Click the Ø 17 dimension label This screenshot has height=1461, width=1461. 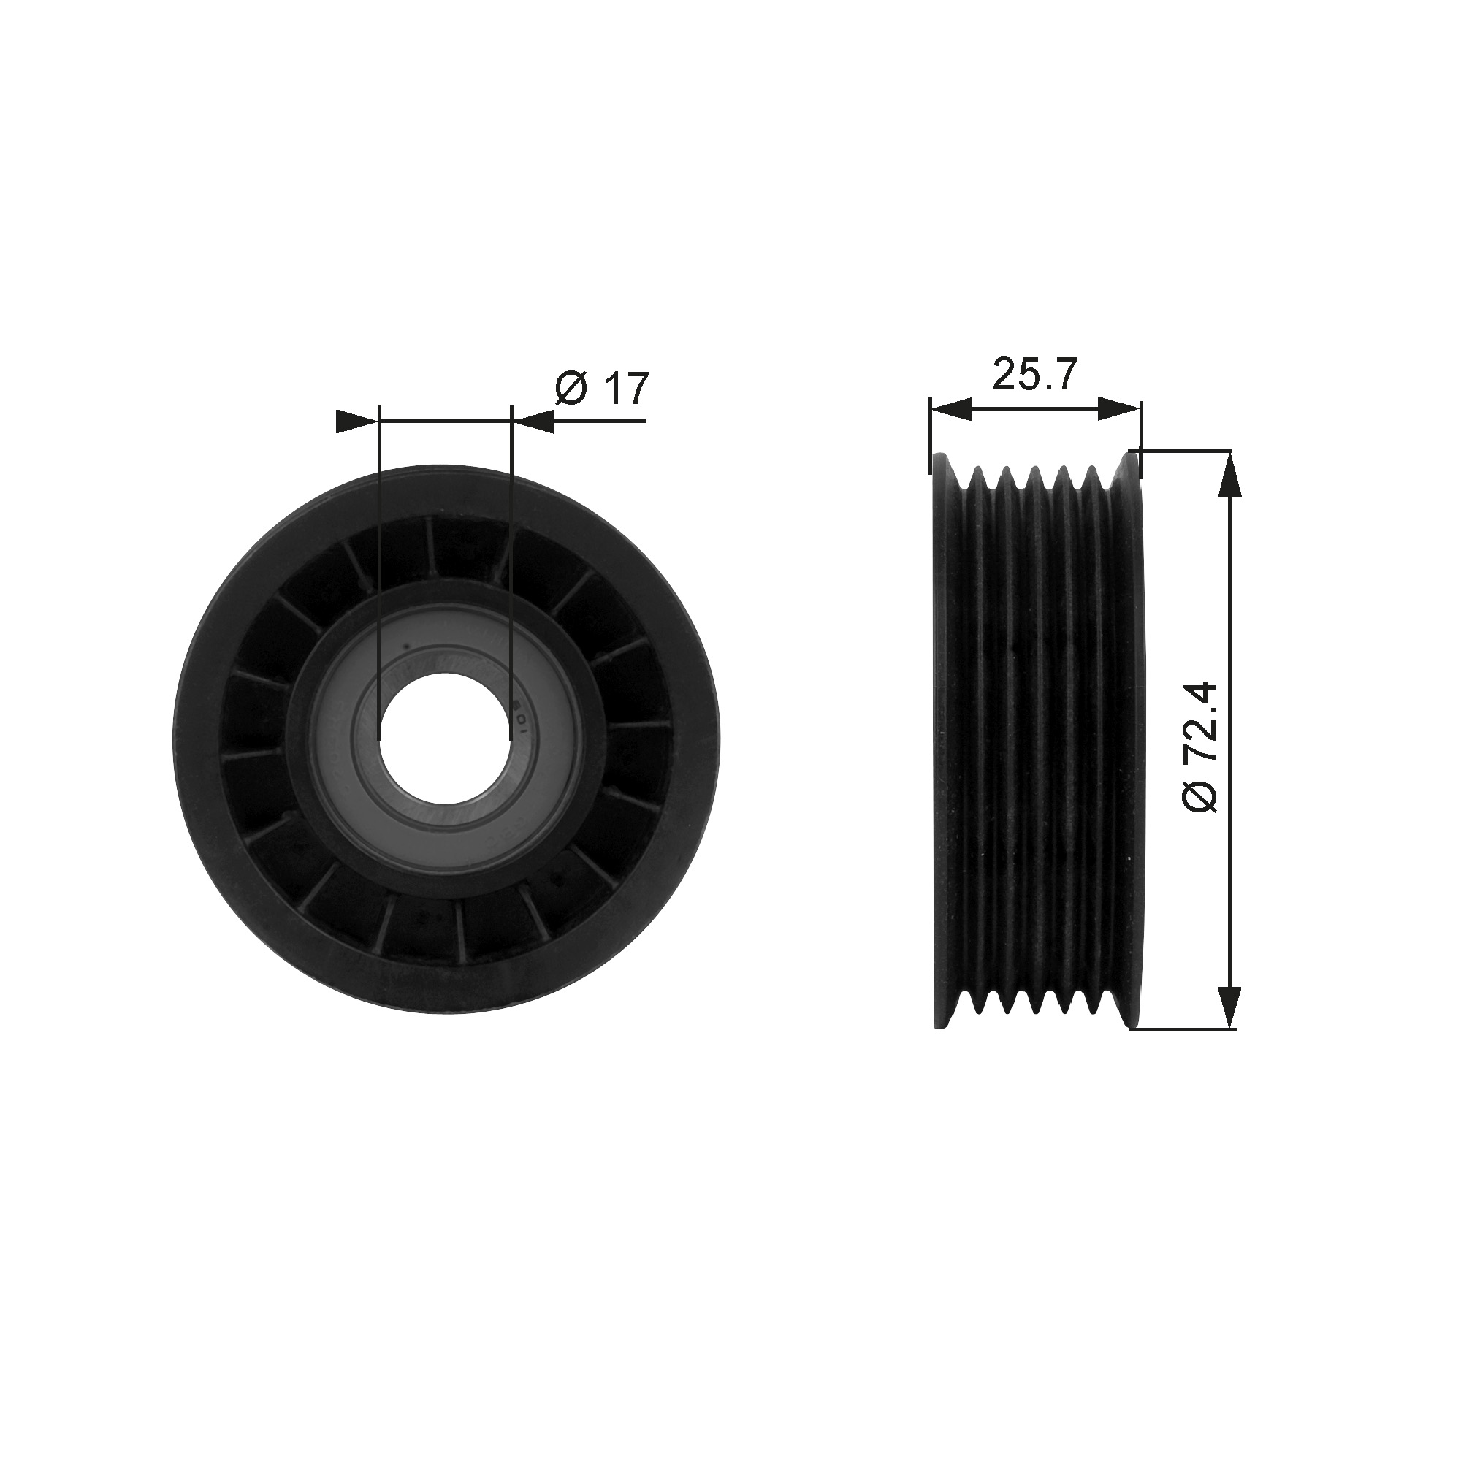click(602, 388)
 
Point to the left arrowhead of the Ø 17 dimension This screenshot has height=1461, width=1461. click(356, 422)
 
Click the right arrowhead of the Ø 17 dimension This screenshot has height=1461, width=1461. click(533, 422)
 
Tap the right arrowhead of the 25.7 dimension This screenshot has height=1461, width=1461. click(1119, 410)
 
